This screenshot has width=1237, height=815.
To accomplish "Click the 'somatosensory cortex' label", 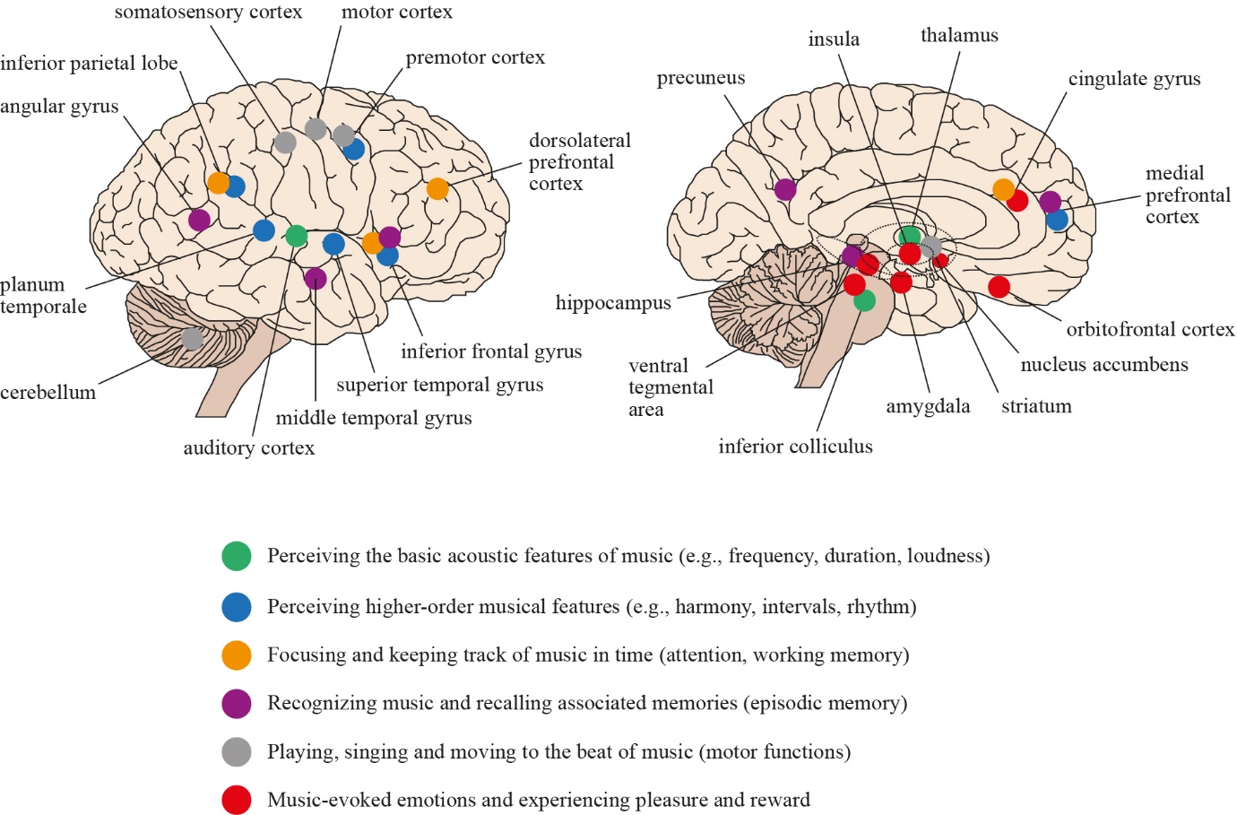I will click(x=208, y=13).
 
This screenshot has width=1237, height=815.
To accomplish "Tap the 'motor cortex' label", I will click(x=396, y=13).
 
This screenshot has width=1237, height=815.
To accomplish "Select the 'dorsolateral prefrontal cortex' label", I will click(x=579, y=162).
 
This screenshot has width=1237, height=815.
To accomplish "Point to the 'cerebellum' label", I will click(x=48, y=393).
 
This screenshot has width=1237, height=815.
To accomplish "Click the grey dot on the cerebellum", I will click(x=192, y=339).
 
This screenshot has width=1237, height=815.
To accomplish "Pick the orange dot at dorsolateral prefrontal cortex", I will click(x=437, y=188).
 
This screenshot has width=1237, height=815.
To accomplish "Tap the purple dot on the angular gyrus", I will click(x=199, y=220).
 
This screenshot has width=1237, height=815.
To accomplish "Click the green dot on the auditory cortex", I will click(x=296, y=237).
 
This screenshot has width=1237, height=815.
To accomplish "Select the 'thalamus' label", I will click(x=959, y=36).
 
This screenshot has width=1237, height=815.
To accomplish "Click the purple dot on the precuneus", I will click(x=785, y=189).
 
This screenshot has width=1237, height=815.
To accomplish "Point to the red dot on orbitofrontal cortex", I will click(x=999, y=287).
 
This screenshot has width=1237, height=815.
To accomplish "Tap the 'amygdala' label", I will click(x=928, y=407).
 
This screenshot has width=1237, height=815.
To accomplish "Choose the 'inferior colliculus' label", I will click(x=795, y=447).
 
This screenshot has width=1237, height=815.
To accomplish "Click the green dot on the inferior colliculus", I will click(x=864, y=300).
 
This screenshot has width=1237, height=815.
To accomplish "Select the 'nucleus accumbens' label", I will click(x=1104, y=365).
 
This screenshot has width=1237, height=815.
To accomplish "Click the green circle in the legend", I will click(x=237, y=557).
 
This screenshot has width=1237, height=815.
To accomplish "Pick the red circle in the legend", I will click(x=237, y=800).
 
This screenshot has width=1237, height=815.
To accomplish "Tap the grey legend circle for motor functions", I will click(x=237, y=751).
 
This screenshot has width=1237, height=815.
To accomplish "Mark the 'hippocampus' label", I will click(x=613, y=303).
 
